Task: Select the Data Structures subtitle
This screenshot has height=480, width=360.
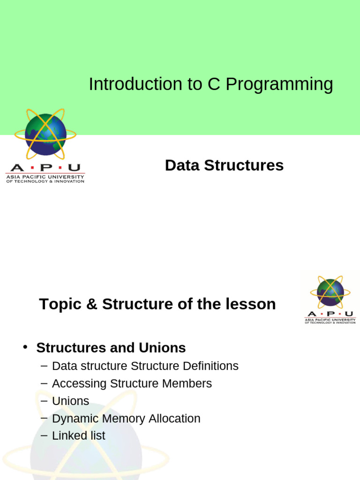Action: [x=224, y=165]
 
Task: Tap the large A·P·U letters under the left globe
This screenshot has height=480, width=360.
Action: [x=45, y=168]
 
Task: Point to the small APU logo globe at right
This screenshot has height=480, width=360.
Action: [x=330, y=292]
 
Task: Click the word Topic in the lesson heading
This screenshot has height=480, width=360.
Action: [x=57, y=305]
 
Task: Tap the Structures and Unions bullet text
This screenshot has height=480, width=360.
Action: [x=111, y=348]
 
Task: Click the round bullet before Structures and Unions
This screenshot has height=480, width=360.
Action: [x=26, y=347]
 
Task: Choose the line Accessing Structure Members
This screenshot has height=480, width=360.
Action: [x=132, y=383]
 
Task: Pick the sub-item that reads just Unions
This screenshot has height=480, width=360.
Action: [x=70, y=401]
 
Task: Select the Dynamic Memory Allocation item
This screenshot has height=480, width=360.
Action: [x=126, y=419]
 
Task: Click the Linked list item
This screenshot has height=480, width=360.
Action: [x=78, y=435]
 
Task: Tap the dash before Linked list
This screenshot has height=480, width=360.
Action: [x=44, y=435]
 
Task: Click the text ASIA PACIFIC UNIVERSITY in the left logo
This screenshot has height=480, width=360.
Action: [x=45, y=177]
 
